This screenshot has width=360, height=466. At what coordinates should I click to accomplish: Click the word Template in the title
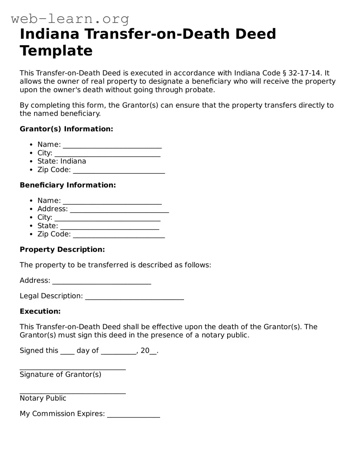(56, 51)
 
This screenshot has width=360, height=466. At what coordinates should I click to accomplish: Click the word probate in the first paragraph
(201, 90)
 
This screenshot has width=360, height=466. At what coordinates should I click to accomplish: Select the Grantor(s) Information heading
(66, 129)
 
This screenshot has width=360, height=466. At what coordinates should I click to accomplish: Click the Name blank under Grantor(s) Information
(112, 145)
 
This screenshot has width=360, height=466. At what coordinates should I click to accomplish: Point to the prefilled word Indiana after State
(73, 161)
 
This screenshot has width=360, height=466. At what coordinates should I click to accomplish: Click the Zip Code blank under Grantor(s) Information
(119, 171)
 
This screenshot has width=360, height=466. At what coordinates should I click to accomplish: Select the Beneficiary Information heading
(67, 185)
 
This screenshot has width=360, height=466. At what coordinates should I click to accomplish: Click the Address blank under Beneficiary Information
(119, 210)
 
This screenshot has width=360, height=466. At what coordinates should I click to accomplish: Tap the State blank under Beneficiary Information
(110, 227)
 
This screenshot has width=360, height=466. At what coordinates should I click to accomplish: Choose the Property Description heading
(62, 250)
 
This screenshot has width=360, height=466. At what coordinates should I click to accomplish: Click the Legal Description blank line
(135, 297)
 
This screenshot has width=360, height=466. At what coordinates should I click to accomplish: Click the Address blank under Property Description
(102, 282)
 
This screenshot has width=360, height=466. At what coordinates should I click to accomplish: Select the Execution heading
(40, 311)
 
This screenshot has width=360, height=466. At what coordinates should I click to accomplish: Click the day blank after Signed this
(67, 352)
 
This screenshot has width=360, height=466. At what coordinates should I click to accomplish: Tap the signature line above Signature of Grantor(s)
(72, 368)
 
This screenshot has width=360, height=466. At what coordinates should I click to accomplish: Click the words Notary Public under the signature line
(43, 398)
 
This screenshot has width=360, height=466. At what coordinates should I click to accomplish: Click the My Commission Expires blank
(133, 415)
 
